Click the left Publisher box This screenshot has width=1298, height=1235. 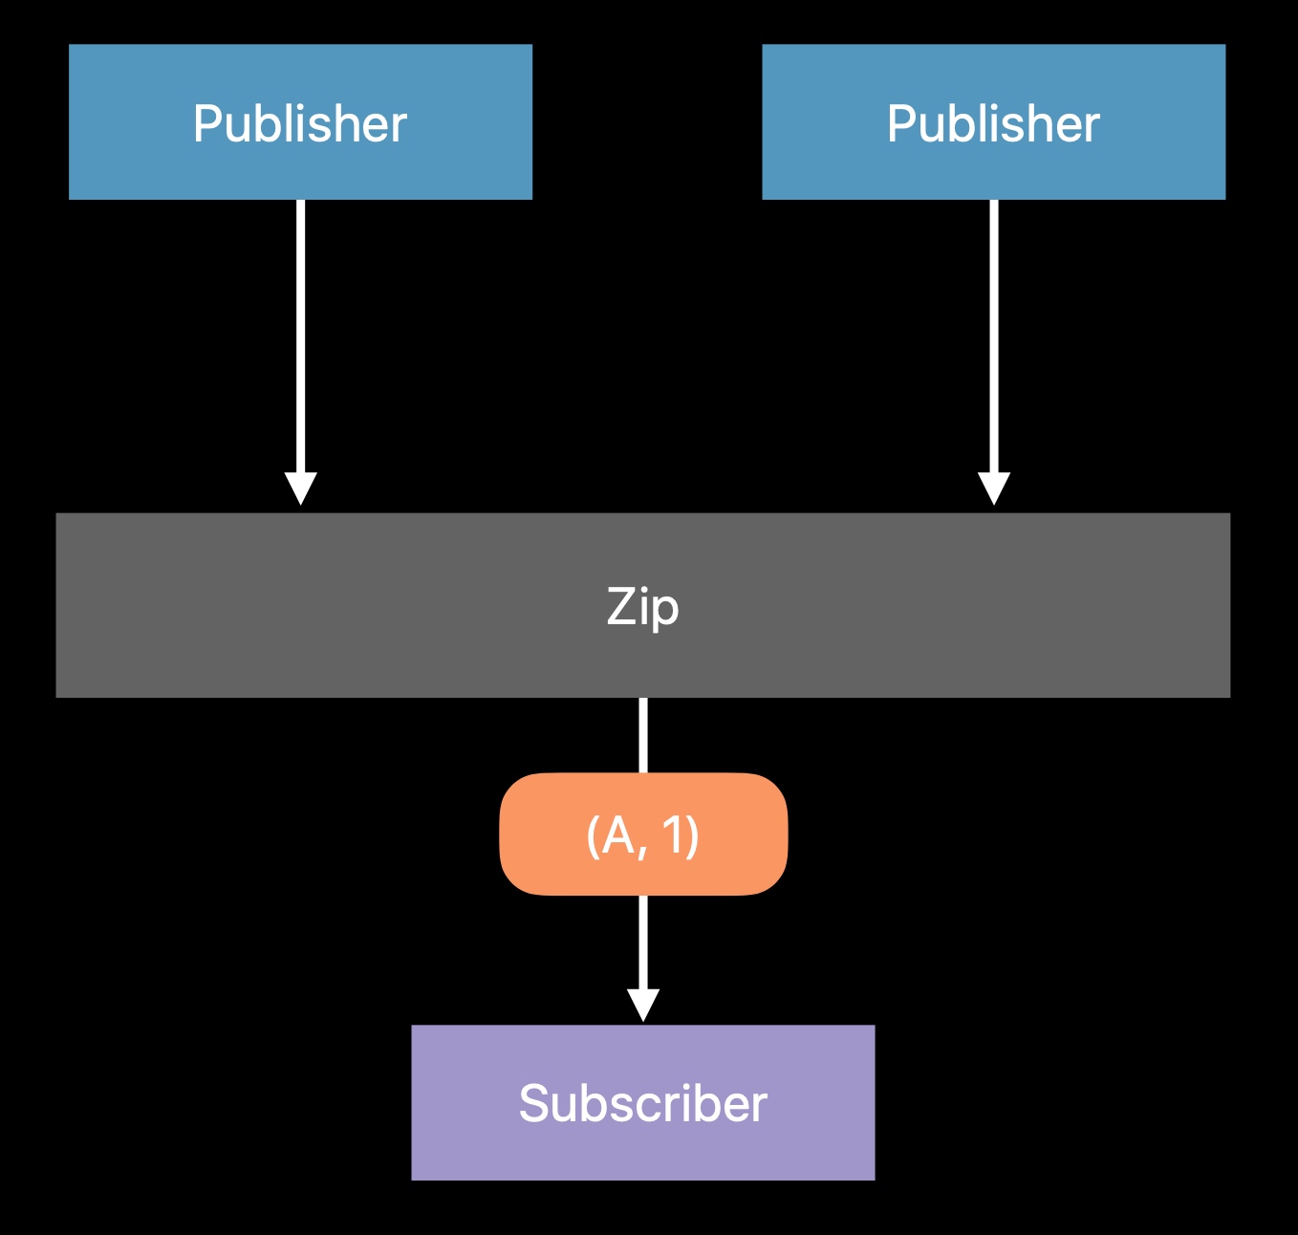[300, 121]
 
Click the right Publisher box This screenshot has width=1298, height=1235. [994, 121]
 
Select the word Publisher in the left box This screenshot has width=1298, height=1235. [300, 123]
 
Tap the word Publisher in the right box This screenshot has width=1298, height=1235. [993, 123]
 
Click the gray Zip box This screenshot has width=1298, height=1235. [643, 605]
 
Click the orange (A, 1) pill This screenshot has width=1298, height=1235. [643, 834]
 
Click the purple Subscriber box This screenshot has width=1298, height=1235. [643, 1102]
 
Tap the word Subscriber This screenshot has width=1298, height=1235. [643, 1104]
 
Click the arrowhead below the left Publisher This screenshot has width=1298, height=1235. [300, 488]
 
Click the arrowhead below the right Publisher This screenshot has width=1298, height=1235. [994, 488]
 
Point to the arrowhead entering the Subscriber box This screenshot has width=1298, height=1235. [643, 1006]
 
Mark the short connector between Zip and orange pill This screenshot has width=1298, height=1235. [643, 735]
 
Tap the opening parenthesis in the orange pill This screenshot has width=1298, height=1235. [593, 836]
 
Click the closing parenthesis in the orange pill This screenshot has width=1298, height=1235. [692, 836]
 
